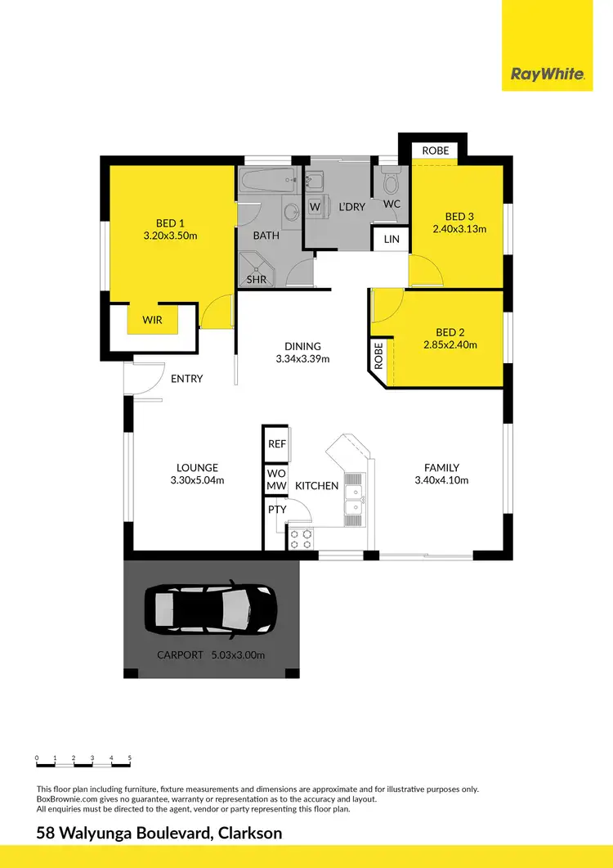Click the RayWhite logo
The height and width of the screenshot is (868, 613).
point(548,74)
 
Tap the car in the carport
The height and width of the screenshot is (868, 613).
point(211,610)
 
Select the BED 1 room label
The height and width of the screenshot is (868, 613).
point(171,223)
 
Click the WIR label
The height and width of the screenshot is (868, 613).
point(153,320)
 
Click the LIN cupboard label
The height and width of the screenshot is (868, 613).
point(391,239)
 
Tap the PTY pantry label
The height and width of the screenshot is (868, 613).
point(275,510)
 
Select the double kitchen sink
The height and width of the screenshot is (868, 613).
point(355,500)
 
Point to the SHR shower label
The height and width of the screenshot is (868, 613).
point(256,279)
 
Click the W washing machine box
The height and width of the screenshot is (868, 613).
point(315,207)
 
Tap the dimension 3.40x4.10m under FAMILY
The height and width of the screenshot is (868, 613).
point(441,480)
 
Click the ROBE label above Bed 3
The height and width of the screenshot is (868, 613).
point(435,151)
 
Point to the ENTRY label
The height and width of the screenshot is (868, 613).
point(187,379)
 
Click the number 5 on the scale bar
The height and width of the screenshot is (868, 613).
point(130,758)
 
